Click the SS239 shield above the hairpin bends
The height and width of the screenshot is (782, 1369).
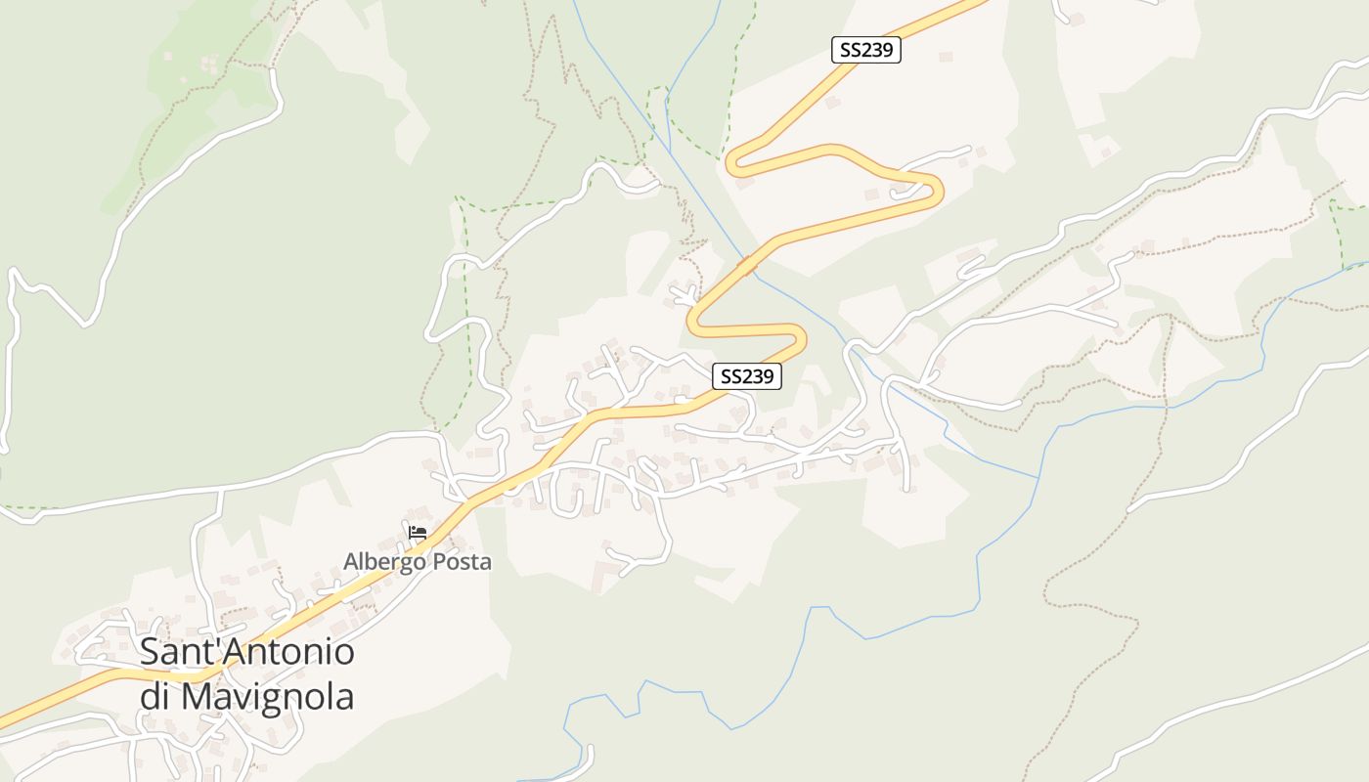(865, 50)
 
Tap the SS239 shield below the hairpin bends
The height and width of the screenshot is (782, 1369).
(747, 375)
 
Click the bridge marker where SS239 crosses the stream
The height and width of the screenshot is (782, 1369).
(748, 264)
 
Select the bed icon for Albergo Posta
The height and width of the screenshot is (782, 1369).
(418, 533)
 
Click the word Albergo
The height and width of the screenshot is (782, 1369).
(384, 562)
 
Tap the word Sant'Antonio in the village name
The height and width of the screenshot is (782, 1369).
(246, 652)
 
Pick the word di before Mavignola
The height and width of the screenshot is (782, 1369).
(155, 697)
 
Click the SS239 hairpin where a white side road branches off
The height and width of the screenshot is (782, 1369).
(937, 188)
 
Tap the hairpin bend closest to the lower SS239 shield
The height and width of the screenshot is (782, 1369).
(800, 338)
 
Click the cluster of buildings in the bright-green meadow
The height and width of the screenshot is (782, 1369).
(207, 65)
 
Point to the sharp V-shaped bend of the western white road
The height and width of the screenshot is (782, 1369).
(90, 321)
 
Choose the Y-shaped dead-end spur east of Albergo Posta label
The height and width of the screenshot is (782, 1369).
(626, 562)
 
